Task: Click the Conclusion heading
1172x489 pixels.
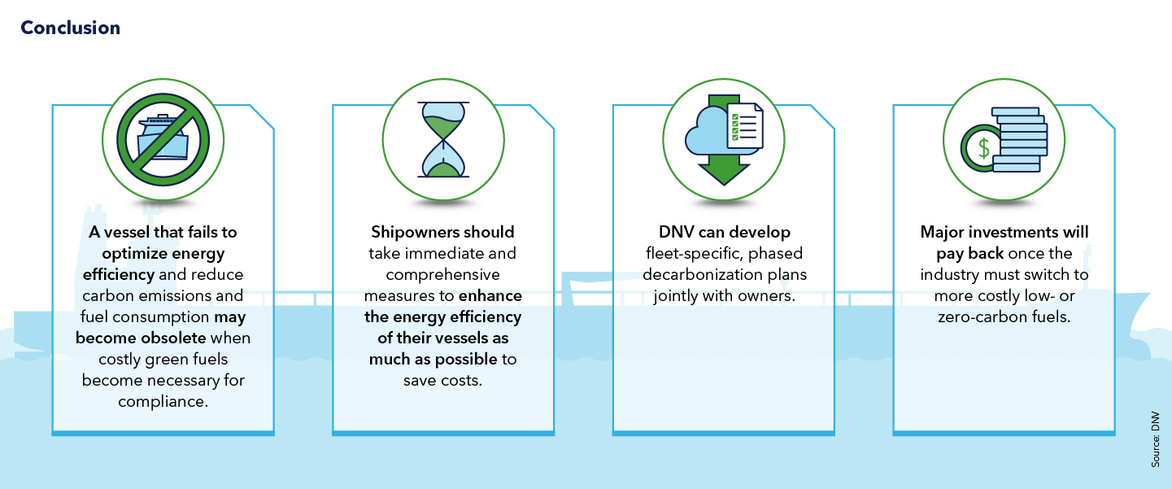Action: click(70, 28)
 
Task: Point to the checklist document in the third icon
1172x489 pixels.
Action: click(745, 126)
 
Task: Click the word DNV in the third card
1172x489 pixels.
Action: click(675, 232)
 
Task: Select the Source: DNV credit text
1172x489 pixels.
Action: click(1155, 439)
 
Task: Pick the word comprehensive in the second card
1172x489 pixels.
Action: click(443, 274)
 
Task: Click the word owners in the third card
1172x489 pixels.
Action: click(765, 295)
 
